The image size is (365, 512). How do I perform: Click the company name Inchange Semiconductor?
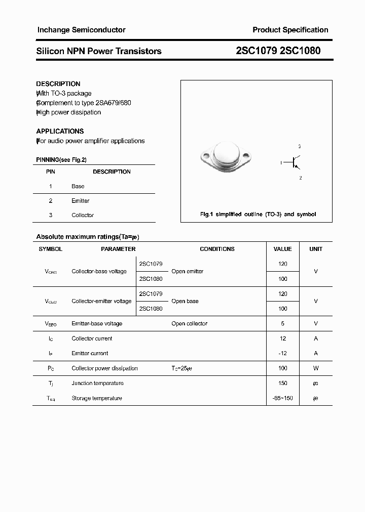pyautogui.click(x=81, y=30)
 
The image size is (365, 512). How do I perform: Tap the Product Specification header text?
pyautogui.click(x=290, y=30)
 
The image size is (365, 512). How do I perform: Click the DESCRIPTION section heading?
pyautogui.click(x=58, y=84)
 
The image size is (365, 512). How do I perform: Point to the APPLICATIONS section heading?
pyautogui.click(x=60, y=131)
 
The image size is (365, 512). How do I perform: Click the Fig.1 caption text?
pyautogui.click(x=258, y=215)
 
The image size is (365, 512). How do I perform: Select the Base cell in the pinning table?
pyautogui.click(x=78, y=186)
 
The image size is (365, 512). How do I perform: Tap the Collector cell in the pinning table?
pyautogui.click(x=83, y=215)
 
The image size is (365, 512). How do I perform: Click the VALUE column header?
pyautogui.click(x=282, y=249)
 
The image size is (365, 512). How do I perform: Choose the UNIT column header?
pyautogui.click(x=316, y=249)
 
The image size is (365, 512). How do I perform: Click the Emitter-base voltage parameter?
pyautogui.click(x=97, y=323)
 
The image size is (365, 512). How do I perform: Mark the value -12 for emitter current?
pyautogui.click(x=282, y=353)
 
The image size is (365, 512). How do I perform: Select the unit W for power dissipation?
pyautogui.click(x=316, y=368)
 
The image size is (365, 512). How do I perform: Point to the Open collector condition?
pyautogui.click(x=189, y=323)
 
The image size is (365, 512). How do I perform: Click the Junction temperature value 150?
pyautogui.click(x=282, y=383)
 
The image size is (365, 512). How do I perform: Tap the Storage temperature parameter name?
pyautogui.click(x=97, y=398)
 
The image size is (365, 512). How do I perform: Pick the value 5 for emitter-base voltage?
pyautogui.click(x=282, y=323)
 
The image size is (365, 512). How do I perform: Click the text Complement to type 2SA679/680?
pyautogui.click(x=84, y=103)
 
